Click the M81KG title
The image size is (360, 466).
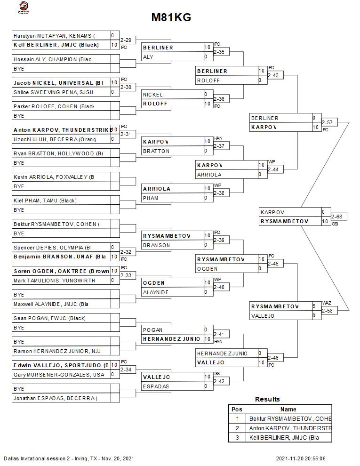click(x=171, y=18)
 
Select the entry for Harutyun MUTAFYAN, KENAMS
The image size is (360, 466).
click(x=54, y=36)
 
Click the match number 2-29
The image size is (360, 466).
click(x=126, y=40)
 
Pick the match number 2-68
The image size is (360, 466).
click(x=336, y=217)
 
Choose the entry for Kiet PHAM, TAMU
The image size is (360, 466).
click(x=45, y=201)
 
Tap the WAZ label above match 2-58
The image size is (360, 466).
click(x=327, y=303)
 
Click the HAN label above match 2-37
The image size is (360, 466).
click(x=218, y=138)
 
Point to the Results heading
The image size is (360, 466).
click(x=267, y=399)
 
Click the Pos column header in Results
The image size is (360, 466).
click(x=237, y=410)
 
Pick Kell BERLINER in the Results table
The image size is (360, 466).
click(x=284, y=438)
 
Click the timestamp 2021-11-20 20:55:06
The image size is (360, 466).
click(x=301, y=458)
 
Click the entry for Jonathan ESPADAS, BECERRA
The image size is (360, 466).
click(x=55, y=398)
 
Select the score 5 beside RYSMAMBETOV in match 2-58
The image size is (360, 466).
click(x=314, y=306)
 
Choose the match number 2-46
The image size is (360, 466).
click(x=273, y=358)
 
